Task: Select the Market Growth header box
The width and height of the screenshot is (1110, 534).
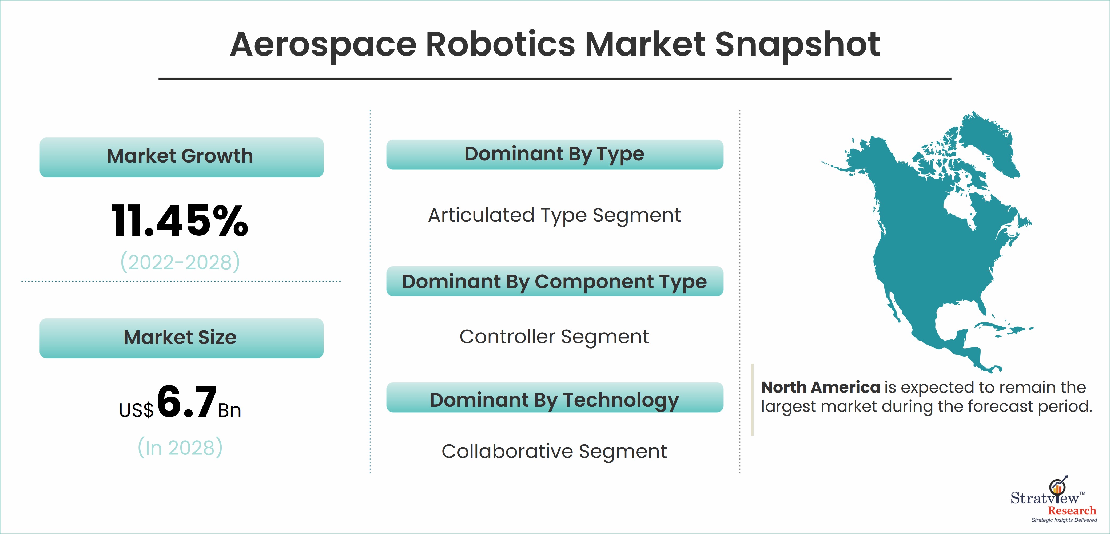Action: (181, 157)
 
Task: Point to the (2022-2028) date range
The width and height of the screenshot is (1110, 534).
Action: (180, 262)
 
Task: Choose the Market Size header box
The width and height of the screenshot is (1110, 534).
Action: (181, 338)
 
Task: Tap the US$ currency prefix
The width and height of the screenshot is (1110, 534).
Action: (136, 410)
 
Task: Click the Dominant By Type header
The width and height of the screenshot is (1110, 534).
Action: (555, 154)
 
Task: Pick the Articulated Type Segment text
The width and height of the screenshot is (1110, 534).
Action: (555, 216)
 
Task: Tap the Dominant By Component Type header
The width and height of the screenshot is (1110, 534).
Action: (555, 282)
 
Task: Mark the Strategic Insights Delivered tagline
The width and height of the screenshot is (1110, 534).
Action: (1064, 520)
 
